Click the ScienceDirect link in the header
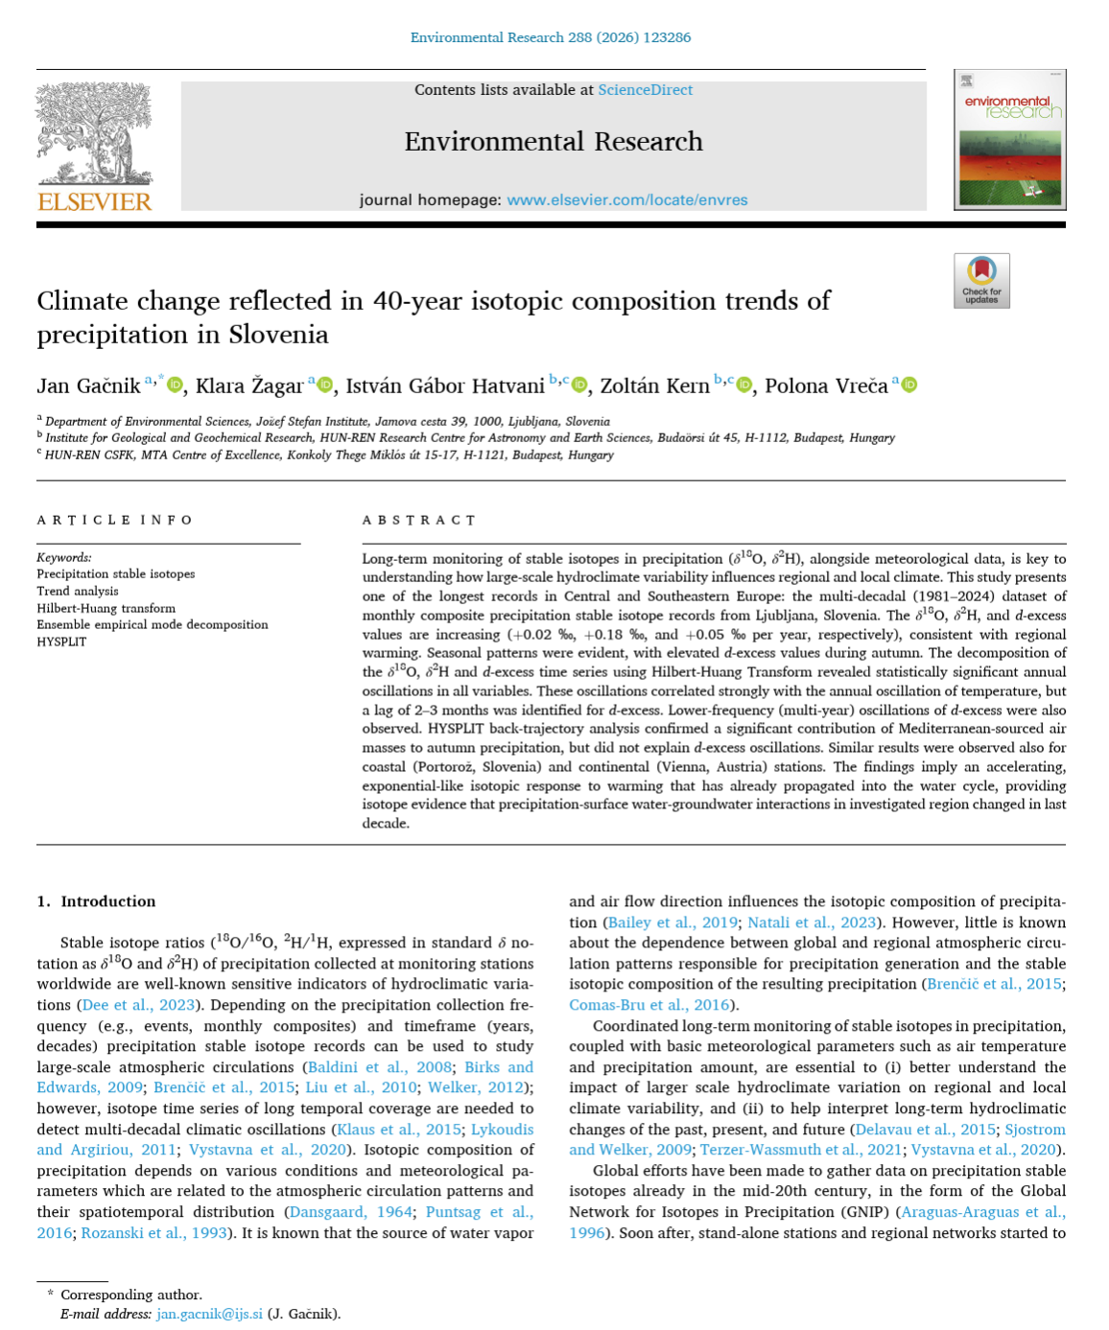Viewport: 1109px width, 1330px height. pos(645,90)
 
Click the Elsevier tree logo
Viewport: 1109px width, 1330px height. pos(94,133)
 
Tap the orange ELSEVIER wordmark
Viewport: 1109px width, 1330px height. pos(94,202)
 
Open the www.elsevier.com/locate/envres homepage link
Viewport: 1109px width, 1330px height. pos(626,200)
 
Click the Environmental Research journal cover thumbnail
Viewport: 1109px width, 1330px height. pos(1009,140)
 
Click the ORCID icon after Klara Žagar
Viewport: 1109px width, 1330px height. pos(325,385)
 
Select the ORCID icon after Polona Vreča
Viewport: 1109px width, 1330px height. pos(909,385)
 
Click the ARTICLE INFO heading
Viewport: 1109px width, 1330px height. pos(115,521)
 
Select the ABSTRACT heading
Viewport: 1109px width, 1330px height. pos(419,521)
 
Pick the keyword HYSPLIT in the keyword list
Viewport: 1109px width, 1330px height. pos(61,642)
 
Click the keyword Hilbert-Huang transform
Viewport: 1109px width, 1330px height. pos(106,608)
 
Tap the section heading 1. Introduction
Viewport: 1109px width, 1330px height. pos(96,901)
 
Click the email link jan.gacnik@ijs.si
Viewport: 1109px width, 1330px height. pos(209,1314)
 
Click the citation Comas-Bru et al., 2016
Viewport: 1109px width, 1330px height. pos(649,1005)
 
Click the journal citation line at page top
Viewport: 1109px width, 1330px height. pos(550,38)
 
